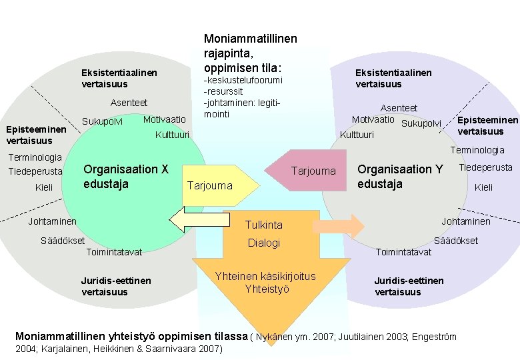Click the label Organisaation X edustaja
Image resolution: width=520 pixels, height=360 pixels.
125,176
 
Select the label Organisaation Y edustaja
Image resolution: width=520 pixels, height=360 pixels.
400,177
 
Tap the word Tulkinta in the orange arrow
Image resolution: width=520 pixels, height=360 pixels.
264,225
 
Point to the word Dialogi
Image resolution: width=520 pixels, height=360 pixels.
264,243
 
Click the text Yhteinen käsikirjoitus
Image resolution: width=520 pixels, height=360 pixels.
265,276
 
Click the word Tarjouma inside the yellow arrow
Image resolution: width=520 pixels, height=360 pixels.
210,185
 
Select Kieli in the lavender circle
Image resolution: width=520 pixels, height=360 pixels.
483,187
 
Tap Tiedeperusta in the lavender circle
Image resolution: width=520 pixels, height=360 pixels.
485,167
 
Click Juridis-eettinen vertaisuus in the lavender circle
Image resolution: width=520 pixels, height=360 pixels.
408,286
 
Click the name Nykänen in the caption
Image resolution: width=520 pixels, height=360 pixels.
274,337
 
